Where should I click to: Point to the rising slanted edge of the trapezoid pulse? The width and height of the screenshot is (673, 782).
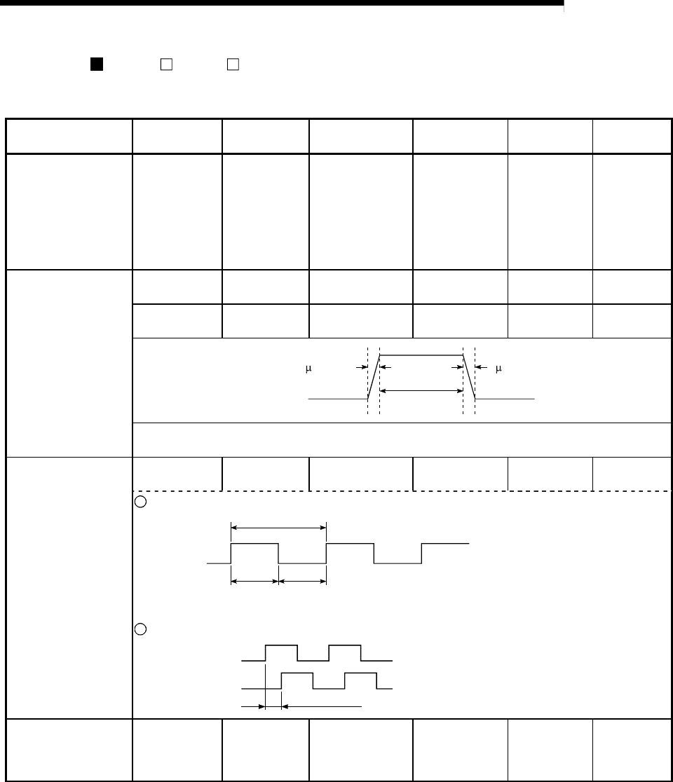[373, 377]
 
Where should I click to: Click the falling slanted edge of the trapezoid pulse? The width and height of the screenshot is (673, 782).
[469, 377]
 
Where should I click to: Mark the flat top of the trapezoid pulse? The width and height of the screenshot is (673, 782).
[421, 356]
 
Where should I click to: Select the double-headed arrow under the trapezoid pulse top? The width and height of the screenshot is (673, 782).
[421, 390]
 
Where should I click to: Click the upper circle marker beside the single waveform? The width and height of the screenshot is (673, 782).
[138, 502]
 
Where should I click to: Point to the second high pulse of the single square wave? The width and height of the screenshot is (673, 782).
[350, 544]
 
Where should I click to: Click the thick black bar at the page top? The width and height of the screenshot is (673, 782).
[281, 4]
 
